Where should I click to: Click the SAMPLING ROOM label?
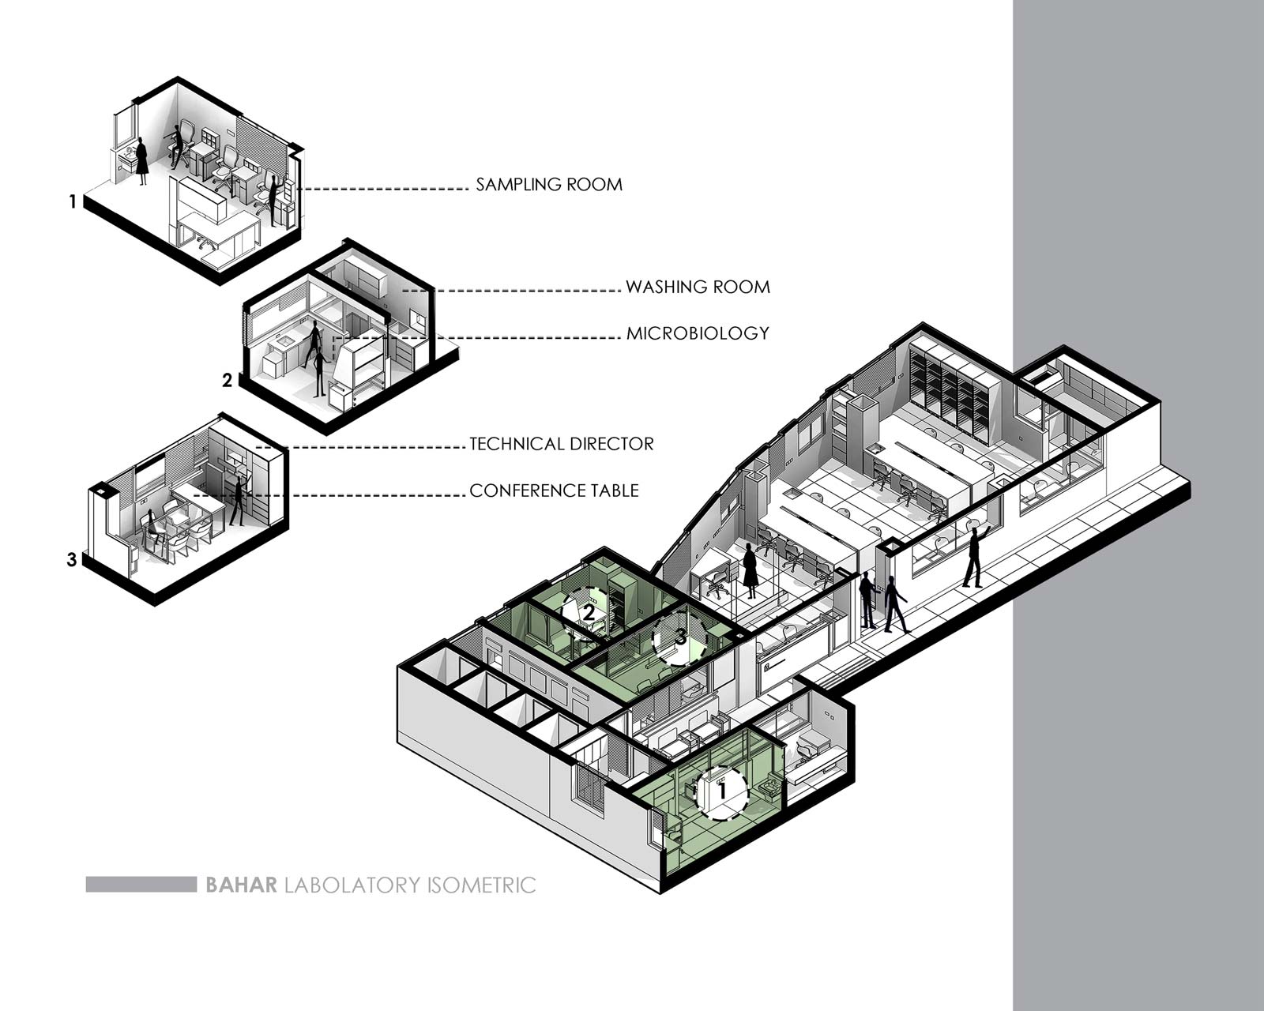pos(548,185)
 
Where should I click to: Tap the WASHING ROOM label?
pos(698,287)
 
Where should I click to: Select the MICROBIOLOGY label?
pos(698,333)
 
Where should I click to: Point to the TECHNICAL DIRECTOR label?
pos(562,444)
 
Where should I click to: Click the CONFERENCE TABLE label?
pos(554,490)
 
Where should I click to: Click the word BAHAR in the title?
pos(241,885)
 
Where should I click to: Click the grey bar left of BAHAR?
pos(141,884)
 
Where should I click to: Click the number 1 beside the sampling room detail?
pos(73,202)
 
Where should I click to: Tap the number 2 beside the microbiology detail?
pos(228,381)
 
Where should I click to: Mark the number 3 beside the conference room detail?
pos(72,560)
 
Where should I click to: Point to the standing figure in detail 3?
pos(239,500)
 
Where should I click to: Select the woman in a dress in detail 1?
pos(141,162)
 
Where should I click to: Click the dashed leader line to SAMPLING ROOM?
pos(382,189)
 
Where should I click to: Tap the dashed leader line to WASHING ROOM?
pos(511,291)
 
